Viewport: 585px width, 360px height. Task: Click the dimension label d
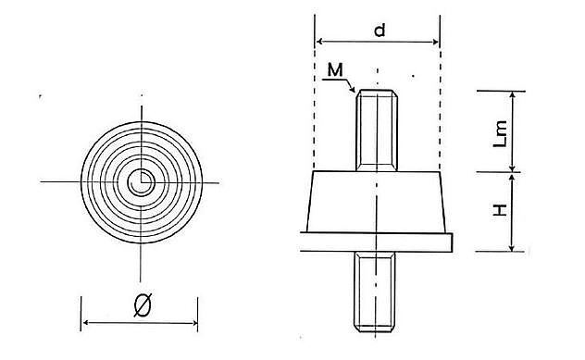click(x=380, y=31)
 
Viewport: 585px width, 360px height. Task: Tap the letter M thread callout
click(x=335, y=69)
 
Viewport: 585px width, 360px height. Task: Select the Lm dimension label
click(x=501, y=133)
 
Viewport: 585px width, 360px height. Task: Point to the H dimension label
click(x=501, y=210)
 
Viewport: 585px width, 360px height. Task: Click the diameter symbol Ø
click(x=143, y=304)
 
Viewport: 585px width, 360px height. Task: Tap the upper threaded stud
click(x=377, y=130)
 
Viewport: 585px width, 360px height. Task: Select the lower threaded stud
click(x=374, y=292)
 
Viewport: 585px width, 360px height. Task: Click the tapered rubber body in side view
click(x=376, y=202)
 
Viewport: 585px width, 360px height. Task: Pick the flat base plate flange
click(x=376, y=242)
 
